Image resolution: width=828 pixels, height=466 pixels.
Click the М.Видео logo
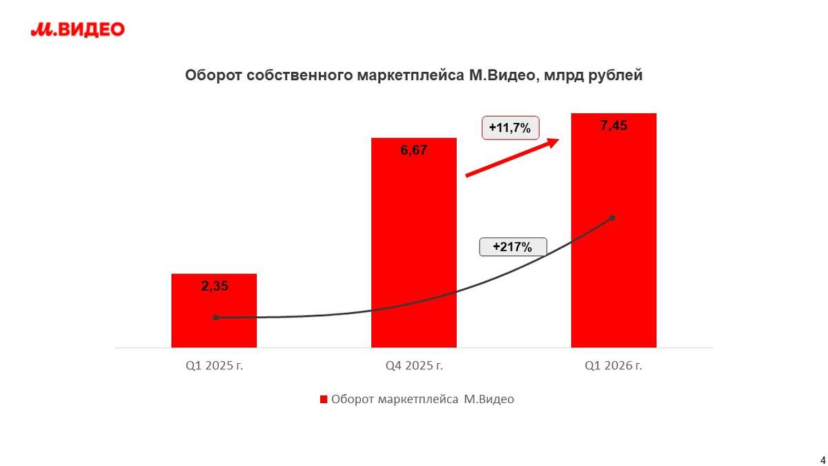tap(77, 29)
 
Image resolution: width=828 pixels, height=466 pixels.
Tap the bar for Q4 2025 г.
tap(414, 242)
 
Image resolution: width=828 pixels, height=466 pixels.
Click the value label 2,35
tap(214, 287)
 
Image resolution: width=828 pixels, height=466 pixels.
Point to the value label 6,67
tap(414, 150)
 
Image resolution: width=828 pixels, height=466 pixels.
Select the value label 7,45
tap(613, 126)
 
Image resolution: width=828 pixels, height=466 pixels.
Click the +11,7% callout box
tap(510, 128)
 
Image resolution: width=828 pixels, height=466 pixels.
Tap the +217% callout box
tap(513, 247)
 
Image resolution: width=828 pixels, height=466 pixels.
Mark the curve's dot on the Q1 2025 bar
tap(215, 318)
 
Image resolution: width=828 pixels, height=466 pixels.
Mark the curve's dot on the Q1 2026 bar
tap(612, 218)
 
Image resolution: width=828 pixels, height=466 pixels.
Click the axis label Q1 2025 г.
tap(214, 366)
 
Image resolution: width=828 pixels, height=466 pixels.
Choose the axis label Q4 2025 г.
tap(414, 366)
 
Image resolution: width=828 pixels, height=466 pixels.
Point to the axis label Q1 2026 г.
tap(613, 366)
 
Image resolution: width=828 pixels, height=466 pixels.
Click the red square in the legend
tap(322, 399)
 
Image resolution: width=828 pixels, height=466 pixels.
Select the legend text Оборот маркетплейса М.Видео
tap(422, 399)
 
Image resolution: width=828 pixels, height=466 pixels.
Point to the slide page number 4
tap(822, 460)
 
